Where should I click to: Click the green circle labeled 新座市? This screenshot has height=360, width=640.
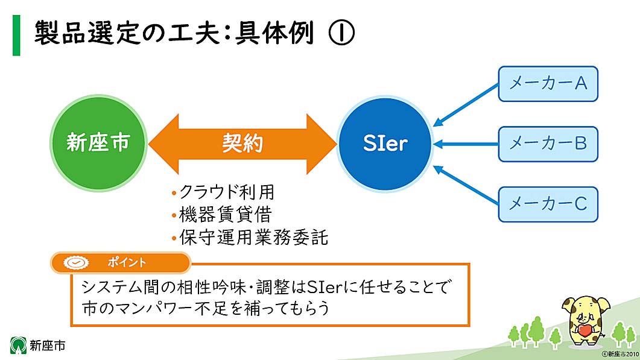98,143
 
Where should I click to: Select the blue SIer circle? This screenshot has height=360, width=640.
385,144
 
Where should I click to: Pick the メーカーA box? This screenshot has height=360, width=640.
548,84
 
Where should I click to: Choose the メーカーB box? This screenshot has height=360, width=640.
548,144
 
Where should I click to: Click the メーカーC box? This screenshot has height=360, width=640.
548,204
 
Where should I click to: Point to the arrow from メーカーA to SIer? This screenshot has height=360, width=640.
466,105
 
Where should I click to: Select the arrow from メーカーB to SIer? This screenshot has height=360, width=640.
466,144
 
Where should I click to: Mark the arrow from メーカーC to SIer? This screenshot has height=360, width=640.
466,182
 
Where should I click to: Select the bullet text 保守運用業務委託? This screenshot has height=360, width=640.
253,237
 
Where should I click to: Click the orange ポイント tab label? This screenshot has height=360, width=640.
127,262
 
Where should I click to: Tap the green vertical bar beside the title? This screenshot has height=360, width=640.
16,36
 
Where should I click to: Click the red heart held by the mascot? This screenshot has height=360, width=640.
584,331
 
